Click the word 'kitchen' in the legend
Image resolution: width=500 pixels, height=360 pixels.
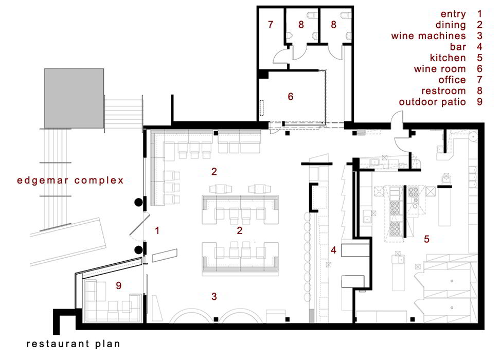pos(448,58)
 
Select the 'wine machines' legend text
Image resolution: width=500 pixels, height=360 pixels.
pos(428,35)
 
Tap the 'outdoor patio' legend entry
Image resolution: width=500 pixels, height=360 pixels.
pos(433,102)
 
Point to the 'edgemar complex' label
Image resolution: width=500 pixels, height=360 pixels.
pos(70,181)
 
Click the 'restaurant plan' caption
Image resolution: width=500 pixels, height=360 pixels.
pos(74,344)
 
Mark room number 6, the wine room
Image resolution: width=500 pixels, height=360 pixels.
pos(291,97)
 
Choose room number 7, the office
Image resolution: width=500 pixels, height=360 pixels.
pos(271,24)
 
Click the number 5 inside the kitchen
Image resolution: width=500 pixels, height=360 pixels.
pos(426,239)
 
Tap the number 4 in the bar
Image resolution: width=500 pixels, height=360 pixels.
pos(333,250)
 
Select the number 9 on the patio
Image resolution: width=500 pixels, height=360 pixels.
pos(119,285)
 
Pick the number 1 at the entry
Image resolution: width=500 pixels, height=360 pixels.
pos(157,230)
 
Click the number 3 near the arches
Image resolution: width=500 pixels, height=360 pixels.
pos(215,297)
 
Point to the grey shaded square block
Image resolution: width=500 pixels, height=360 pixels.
pos(74,99)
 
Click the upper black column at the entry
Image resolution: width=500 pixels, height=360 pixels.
pos(138,202)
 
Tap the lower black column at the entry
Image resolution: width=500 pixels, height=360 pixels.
pos(138,250)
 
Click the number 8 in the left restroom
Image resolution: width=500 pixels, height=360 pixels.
pos(301,25)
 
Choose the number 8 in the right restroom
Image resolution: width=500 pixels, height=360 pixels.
pos(333,25)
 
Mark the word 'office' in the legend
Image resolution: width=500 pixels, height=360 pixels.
pos(452,80)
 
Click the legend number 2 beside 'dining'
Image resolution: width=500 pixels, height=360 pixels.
pos(479,25)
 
